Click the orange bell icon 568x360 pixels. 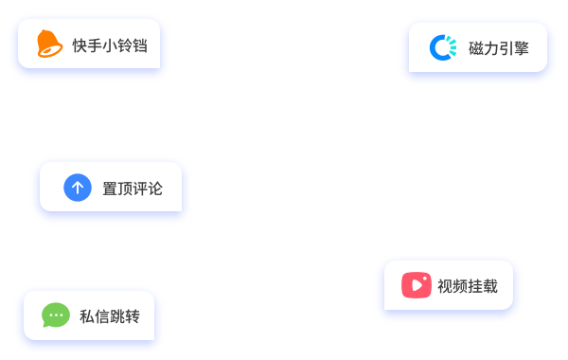[x=49, y=45]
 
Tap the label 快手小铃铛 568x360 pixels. [x=110, y=45]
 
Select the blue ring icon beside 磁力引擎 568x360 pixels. [x=443, y=48]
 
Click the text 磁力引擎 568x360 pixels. [x=499, y=49]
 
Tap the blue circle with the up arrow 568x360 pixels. [x=78, y=188]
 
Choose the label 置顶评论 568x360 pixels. [x=133, y=189]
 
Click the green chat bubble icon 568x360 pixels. [x=56, y=315]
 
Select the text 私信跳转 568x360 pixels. [x=110, y=316]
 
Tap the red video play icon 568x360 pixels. [x=416, y=285]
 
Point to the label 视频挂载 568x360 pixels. [x=468, y=286]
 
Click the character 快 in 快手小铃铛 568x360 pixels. [x=80, y=45]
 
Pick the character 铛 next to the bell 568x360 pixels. [x=140, y=45]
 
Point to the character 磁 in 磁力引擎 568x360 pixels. [x=476, y=49]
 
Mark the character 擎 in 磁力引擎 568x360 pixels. [x=522, y=49]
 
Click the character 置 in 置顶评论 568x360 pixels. [x=110, y=189]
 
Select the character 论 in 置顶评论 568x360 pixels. [x=155, y=189]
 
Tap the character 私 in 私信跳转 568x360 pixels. [x=87, y=316]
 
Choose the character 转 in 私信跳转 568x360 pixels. [x=133, y=316]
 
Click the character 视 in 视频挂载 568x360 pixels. [x=445, y=286]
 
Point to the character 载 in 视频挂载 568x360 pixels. [x=490, y=286]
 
